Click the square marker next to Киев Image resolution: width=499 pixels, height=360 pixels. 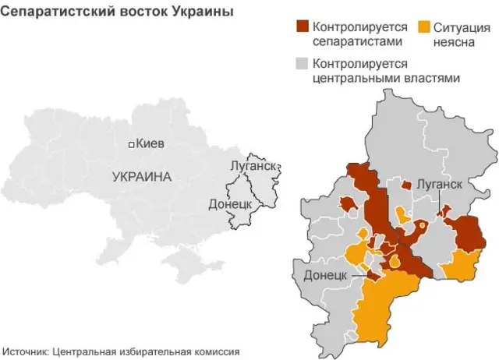tap(132, 144)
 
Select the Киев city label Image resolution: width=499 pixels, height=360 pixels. tap(150, 143)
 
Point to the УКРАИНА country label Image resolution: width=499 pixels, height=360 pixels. tap(141, 177)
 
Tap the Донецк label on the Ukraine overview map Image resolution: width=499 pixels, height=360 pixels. tap(229, 204)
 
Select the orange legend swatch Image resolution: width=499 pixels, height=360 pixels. tap(424, 27)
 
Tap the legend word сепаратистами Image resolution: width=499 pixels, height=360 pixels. tap(358, 41)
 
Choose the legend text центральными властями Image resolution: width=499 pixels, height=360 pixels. tap(385, 78)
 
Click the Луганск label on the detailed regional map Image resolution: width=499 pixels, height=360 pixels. tap(440, 185)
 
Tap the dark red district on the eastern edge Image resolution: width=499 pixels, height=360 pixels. tap(469, 232)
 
